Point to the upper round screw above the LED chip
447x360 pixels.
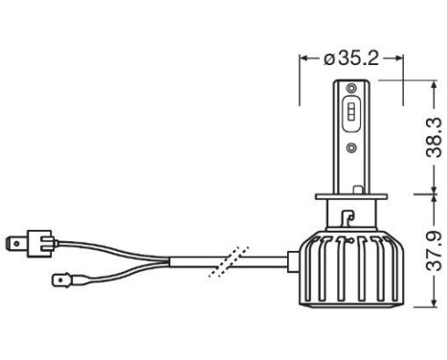tap(351, 90)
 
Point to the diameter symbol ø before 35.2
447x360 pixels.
tap(328, 57)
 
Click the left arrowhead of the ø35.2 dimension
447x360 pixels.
tap(304, 57)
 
